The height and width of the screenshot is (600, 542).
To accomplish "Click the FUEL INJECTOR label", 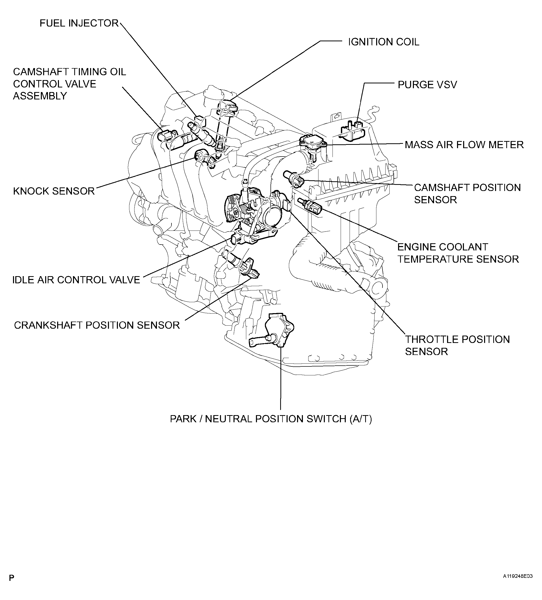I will coord(79,23).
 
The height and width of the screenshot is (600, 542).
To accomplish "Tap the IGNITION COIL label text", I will coord(384,42).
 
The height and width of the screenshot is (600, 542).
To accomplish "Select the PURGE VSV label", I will coord(427,85).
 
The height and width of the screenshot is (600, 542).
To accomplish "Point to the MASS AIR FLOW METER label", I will coord(464,145).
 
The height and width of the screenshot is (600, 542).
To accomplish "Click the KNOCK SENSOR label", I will coord(54,191).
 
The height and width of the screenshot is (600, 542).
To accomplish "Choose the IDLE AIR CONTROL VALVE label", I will coord(76,280).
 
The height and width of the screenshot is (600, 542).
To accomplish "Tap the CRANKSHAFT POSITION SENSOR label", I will coord(97,325).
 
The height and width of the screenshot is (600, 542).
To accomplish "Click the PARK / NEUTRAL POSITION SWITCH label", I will coord(271,419).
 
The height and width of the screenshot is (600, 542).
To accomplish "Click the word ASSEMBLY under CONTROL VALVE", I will coord(40,96).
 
